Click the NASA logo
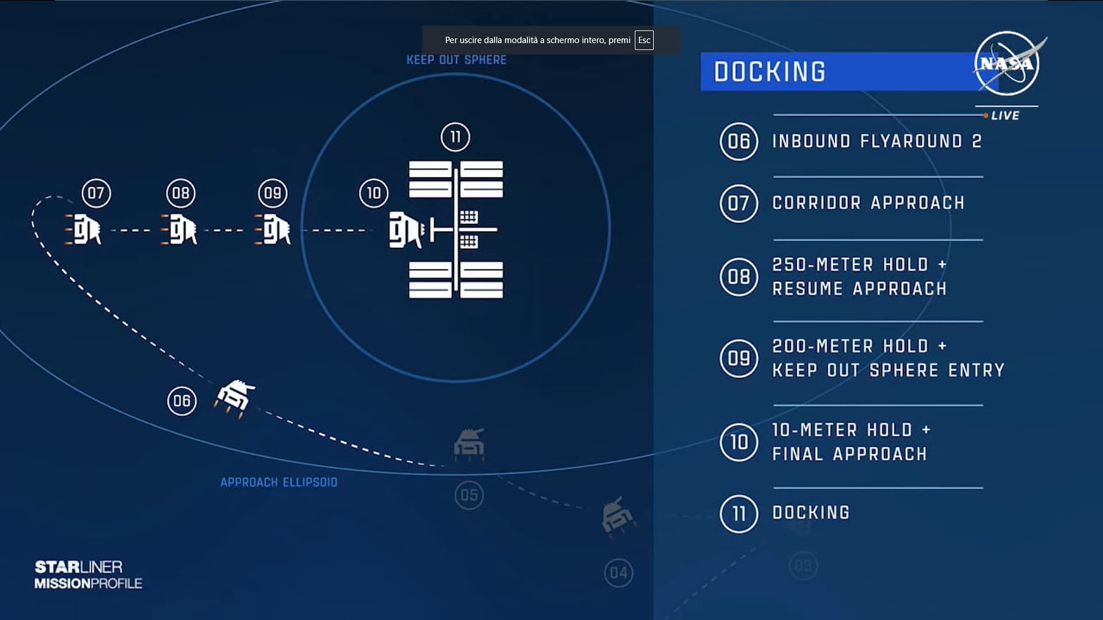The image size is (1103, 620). (1006, 63)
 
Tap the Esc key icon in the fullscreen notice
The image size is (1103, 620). (644, 40)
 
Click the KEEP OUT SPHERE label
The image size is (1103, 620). (456, 60)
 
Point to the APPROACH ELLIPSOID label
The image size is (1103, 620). (279, 482)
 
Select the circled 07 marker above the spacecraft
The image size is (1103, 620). (96, 193)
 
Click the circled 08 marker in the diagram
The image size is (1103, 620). (180, 193)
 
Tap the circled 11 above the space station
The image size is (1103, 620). (455, 137)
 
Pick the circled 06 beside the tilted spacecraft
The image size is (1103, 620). (182, 401)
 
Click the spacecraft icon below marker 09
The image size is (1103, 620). (273, 230)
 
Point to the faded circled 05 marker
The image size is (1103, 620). (469, 495)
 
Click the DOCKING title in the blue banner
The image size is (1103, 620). (769, 72)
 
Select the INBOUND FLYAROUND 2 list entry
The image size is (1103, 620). (877, 141)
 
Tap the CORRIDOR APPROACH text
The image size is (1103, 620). (868, 203)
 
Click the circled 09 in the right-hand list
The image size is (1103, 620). (739, 358)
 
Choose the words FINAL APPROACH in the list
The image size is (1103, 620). (849, 454)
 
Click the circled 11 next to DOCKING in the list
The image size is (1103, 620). (739, 514)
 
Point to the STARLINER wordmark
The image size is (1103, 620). (79, 567)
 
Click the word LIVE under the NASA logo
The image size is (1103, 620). (1005, 115)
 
